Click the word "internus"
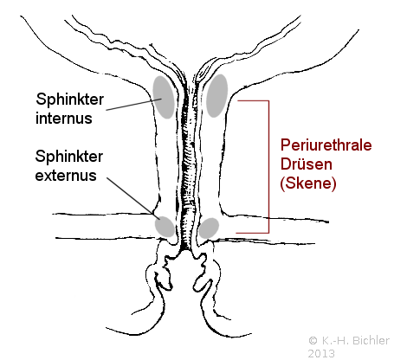point(64,119)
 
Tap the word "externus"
point(66,176)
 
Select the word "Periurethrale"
point(326,145)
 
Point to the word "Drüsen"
point(307,164)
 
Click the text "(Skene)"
point(308,183)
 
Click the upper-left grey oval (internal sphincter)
point(164,97)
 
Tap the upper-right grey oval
point(216,95)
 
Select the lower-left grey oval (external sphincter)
point(165,227)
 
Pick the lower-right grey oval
point(209,228)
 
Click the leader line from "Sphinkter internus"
point(133,105)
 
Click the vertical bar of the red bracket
point(268,167)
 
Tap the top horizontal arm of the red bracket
point(253,101)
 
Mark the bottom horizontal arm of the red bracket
point(253,233)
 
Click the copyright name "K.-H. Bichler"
point(355,341)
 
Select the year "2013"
point(321,354)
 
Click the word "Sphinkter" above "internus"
point(69,100)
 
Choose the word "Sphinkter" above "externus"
point(69,157)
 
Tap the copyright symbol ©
point(313,341)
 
